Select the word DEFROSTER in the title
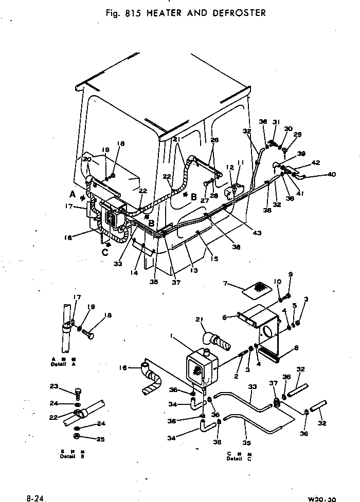click(240, 13)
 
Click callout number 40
click(331, 174)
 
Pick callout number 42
click(316, 162)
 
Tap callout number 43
click(257, 233)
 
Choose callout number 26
click(214, 140)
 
